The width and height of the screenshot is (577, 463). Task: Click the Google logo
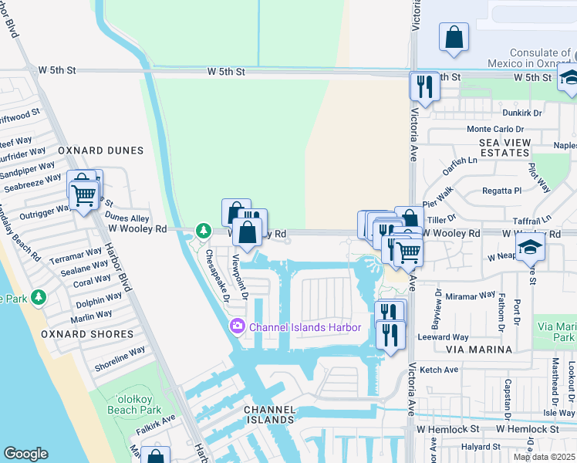coord(25,454)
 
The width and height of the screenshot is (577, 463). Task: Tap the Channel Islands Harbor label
coord(305,327)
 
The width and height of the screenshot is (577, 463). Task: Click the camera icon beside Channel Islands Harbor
coord(237,327)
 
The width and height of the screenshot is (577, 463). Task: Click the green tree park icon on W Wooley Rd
coord(203,230)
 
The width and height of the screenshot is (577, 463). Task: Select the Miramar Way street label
coord(470,295)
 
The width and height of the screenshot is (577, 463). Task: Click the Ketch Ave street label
coord(440,370)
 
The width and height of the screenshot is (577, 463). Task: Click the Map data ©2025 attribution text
coord(545,457)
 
